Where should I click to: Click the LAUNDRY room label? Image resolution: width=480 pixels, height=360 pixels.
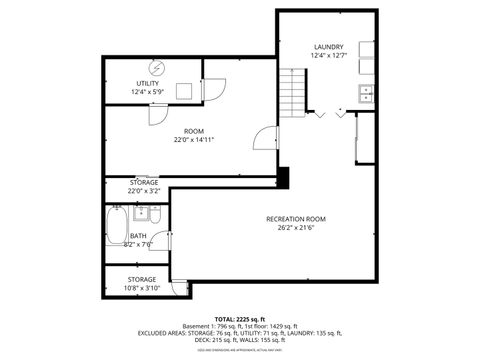click(x=328, y=47)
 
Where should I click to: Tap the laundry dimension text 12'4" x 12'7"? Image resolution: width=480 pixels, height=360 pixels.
click(x=328, y=56)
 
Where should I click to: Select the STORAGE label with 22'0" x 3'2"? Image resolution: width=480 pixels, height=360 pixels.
click(x=143, y=182)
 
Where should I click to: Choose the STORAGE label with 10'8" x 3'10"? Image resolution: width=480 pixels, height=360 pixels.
click(x=141, y=279)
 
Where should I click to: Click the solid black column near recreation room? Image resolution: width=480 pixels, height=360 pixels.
click(x=284, y=177)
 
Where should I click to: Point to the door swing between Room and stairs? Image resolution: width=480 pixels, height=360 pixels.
click(x=262, y=140)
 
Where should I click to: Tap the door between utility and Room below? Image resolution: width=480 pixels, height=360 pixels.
click(x=158, y=113)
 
